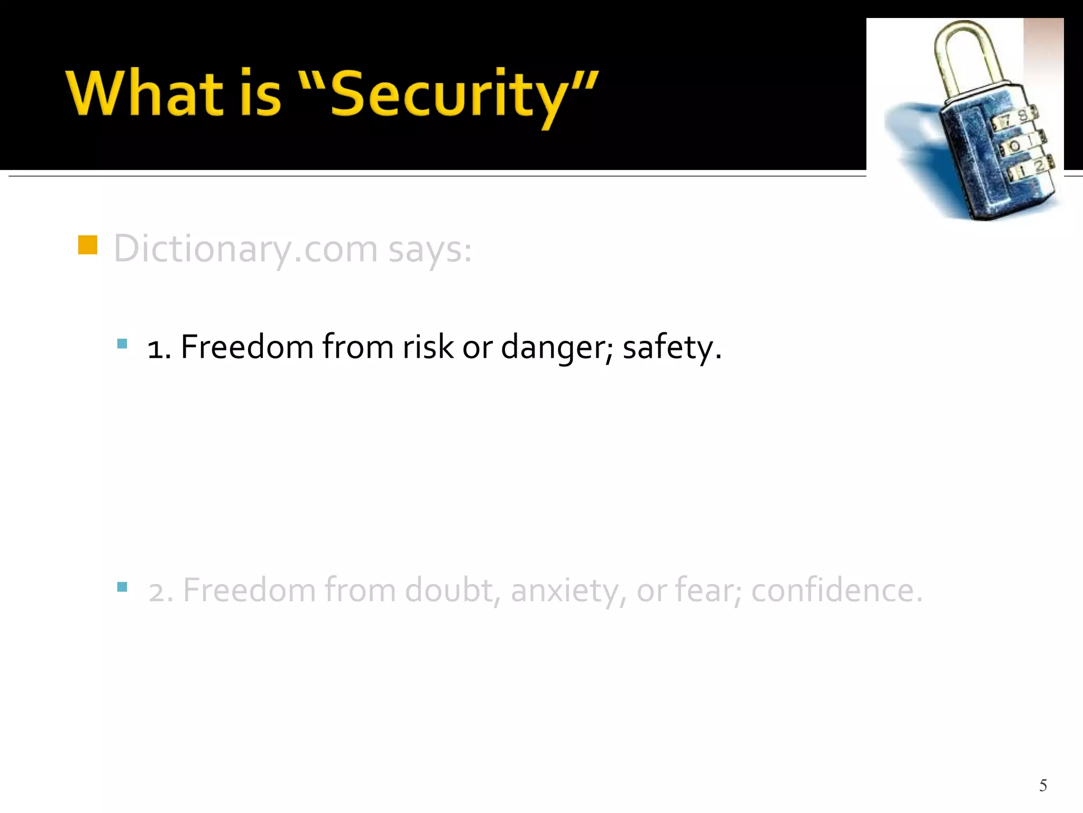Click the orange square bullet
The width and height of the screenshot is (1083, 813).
(87, 245)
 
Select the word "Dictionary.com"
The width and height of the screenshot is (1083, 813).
(245, 249)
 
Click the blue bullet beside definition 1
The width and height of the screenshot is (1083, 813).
(122, 344)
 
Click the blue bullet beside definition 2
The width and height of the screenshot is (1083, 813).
(122, 586)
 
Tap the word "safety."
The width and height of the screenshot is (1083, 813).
(672, 348)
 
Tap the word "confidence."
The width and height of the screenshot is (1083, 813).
(837, 590)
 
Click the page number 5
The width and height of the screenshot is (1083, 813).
(1043, 785)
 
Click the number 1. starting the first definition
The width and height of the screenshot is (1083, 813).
(159, 349)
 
